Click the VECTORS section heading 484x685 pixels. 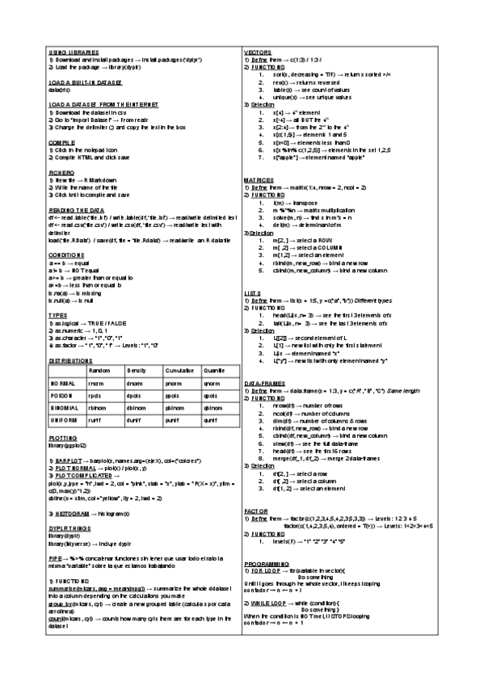point(259,53)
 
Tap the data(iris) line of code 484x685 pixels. point(60,89)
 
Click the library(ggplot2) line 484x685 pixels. point(67,444)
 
